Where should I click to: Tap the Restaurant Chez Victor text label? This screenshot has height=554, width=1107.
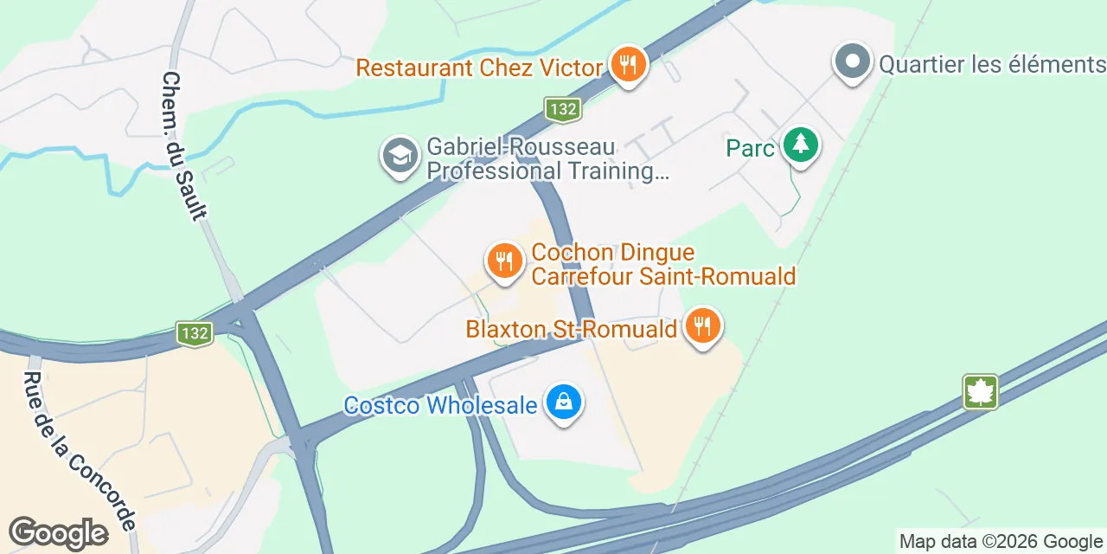[x=479, y=68]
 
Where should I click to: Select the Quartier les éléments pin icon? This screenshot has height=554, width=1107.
[x=854, y=62]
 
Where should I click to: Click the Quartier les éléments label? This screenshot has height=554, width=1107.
[x=992, y=64]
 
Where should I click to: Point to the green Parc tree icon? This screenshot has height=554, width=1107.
[x=801, y=145]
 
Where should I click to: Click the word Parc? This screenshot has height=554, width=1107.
[x=750, y=149]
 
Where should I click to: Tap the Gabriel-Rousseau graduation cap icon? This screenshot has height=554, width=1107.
[x=400, y=156]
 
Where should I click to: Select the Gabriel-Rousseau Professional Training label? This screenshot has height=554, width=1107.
[x=548, y=159]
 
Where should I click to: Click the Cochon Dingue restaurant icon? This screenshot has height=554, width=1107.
[x=504, y=261]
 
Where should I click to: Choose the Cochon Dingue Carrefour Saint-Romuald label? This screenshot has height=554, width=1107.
[x=662, y=265]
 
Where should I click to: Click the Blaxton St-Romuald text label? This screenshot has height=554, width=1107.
[x=571, y=330]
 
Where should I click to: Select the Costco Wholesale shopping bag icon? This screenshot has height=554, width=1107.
[x=564, y=403]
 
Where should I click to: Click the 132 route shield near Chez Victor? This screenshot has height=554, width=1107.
[x=562, y=109]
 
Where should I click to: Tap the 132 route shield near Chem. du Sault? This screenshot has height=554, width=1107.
[x=195, y=333]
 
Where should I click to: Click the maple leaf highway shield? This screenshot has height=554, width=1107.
[x=982, y=391]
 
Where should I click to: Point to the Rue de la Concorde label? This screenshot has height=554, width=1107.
[x=79, y=450]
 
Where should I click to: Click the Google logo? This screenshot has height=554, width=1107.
[x=58, y=533]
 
